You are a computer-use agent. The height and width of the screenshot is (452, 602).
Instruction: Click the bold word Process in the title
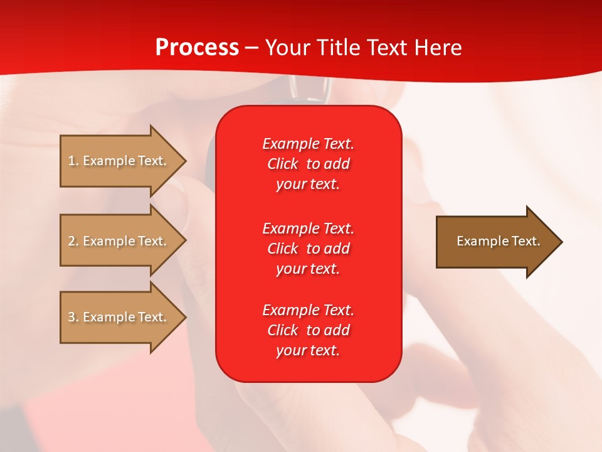point(198,48)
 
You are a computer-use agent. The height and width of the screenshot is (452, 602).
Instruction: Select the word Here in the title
point(438,47)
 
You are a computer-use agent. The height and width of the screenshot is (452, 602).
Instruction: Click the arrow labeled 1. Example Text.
point(123,161)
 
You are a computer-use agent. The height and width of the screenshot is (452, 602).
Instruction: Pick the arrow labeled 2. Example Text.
point(123,240)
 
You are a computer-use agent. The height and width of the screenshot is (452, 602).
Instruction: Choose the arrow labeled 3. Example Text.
point(123,317)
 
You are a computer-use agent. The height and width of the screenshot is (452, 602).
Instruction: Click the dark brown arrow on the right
point(499,242)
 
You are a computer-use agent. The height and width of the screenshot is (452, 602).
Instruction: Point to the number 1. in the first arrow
point(73,161)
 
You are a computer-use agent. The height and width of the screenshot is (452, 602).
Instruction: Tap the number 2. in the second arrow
point(73,241)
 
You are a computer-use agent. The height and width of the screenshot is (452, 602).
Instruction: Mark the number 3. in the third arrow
point(73,316)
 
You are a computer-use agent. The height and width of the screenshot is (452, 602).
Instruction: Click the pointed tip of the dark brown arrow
point(562,242)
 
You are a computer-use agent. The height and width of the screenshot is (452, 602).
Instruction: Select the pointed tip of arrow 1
point(186,161)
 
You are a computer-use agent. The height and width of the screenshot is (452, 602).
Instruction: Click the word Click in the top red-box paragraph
point(283,164)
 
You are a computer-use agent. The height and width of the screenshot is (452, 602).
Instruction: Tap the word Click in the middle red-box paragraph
point(283,249)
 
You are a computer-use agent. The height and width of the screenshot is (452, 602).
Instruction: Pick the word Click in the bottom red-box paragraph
point(283,330)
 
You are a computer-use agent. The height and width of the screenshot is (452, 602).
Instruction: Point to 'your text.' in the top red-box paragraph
point(308,184)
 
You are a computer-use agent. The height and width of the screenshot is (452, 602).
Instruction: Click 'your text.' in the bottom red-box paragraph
point(308,350)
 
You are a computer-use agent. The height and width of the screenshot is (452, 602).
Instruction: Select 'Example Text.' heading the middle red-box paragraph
point(309,229)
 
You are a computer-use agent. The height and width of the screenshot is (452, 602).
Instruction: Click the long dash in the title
point(252,48)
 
